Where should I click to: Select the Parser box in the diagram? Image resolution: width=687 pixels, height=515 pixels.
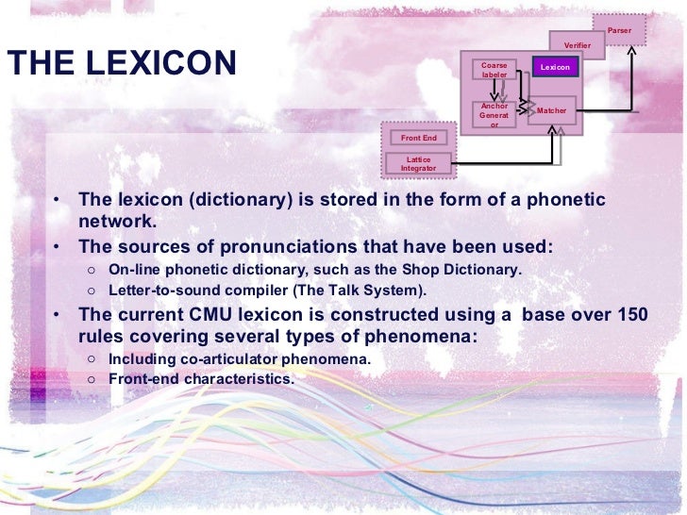(619, 30)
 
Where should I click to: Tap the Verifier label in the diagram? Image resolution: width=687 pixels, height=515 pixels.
(577, 45)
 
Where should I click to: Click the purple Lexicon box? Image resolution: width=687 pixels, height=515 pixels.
(555, 68)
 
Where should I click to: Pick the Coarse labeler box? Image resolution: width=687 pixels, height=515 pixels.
(494, 70)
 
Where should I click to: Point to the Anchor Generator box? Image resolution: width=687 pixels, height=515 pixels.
(494, 115)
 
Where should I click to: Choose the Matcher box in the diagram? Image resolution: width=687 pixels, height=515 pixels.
(552, 111)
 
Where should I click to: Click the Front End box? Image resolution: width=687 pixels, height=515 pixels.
(418, 138)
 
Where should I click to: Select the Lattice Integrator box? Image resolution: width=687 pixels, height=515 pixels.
(418, 164)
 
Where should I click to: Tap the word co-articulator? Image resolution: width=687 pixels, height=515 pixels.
(226, 358)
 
